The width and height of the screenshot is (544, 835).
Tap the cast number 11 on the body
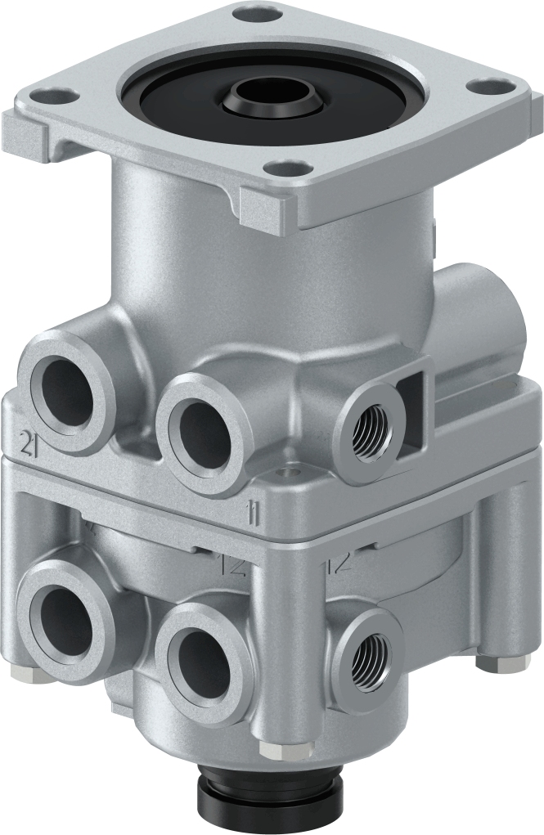[x=255, y=514]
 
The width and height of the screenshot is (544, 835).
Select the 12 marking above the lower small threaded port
[x=339, y=563]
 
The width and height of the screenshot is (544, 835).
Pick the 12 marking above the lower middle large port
[x=234, y=564]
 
